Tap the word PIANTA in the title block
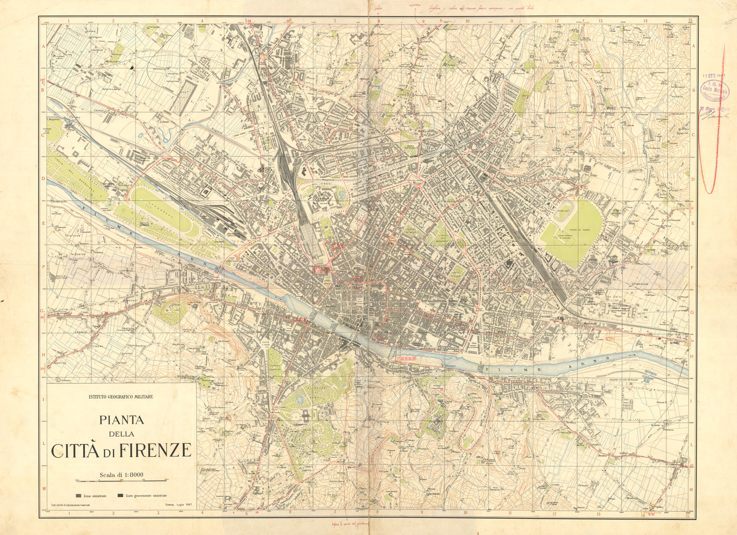pyautogui.click(x=121, y=419)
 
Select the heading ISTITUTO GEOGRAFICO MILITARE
pyautogui.click(x=121, y=396)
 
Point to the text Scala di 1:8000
pyautogui.click(x=121, y=474)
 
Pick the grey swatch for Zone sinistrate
pyautogui.click(x=78, y=495)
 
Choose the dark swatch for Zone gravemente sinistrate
pyautogui.click(x=120, y=495)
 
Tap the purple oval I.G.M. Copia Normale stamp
pyautogui.click(x=714, y=89)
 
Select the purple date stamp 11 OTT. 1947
pyautogui.click(x=713, y=75)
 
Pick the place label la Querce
pyautogui.click(x=77, y=253)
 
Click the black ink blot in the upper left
pyautogui.click(x=132, y=68)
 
